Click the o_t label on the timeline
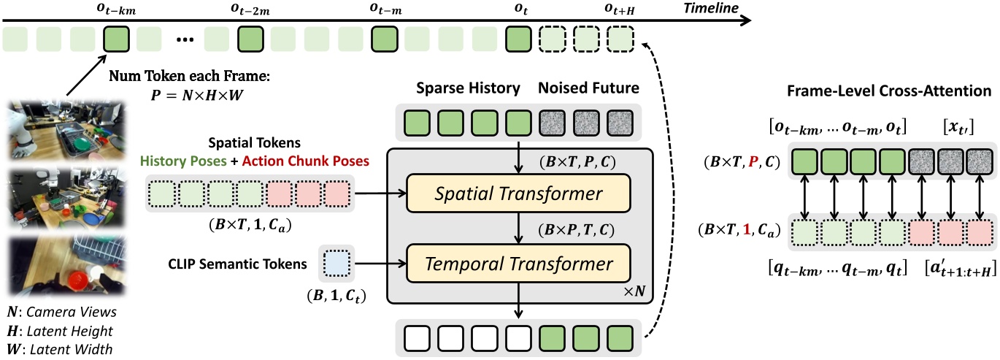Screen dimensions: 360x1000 (517, 10)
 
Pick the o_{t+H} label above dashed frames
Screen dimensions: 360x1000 (618, 10)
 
